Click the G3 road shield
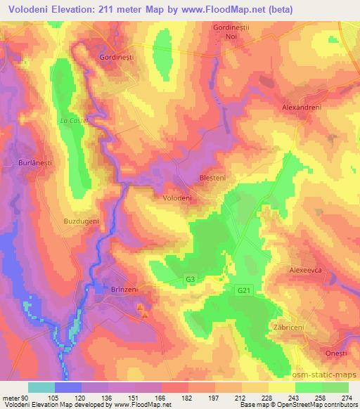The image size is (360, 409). pos(191,279)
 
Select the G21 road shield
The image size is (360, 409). pos(243,290)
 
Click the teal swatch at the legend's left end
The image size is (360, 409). pos(41,387)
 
